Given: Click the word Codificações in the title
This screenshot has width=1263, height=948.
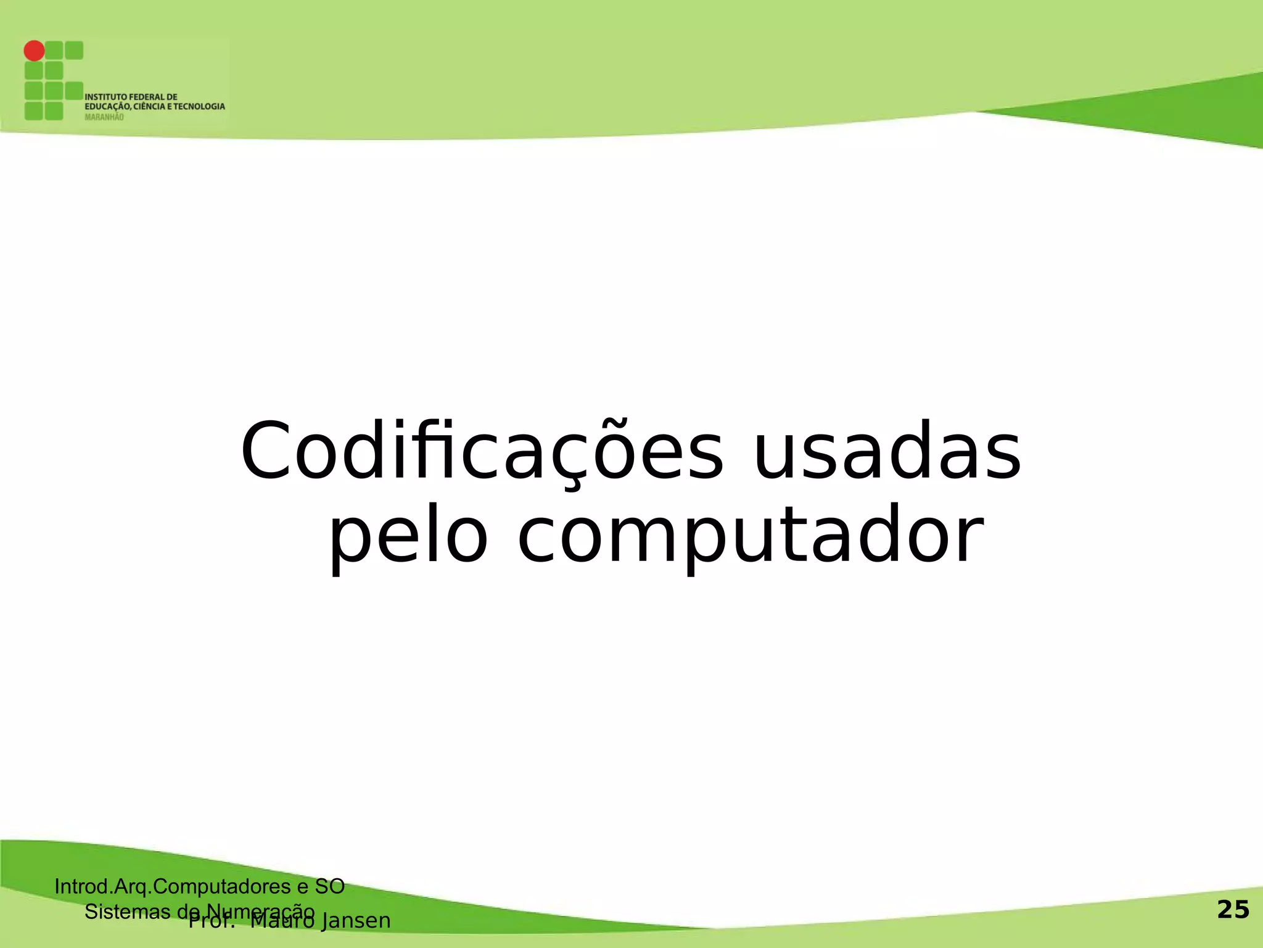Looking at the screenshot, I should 481,452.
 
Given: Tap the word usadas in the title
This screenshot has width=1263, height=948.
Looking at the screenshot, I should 887,452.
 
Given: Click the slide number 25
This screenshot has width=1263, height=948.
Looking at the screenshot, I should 1233,910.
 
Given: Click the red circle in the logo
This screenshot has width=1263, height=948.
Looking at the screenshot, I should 35,51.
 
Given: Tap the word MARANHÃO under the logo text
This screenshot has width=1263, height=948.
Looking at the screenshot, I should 104,117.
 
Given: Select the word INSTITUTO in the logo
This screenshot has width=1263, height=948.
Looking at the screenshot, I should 105,97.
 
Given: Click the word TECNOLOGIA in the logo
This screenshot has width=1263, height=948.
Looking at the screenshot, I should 199,107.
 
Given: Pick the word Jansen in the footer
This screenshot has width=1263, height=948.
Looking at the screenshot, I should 356,921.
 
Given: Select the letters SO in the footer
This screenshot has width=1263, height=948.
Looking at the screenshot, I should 329,887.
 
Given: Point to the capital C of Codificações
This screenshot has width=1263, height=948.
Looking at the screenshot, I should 265,452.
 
